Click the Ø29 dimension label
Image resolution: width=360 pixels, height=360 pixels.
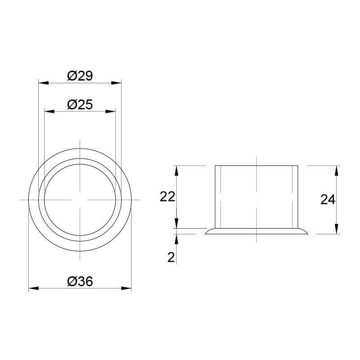click(80, 76)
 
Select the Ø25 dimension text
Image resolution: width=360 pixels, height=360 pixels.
click(80, 104)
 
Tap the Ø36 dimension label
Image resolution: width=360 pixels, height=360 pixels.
click(80, 281)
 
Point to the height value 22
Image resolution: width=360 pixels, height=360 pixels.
click(167, 197)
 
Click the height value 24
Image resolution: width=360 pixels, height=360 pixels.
click(328, 199)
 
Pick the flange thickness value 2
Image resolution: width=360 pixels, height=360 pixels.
click(171, 257)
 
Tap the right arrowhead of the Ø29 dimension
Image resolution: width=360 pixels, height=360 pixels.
click(116, 83)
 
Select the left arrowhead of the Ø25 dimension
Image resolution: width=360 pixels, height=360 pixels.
click(49, 111)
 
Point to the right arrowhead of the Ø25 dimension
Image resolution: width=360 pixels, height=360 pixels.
click(110, 111)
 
